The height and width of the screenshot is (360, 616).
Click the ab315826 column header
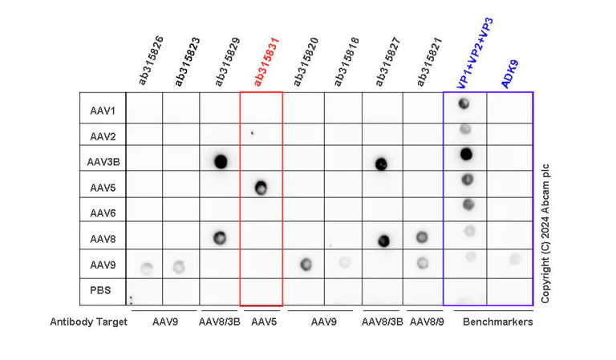point(152,61)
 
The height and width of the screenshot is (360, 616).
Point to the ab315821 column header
point(428,62)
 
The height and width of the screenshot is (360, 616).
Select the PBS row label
point(101,290)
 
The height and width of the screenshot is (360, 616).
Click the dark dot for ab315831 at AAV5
point(261,188)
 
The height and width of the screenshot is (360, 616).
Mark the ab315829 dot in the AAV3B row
point(221,161)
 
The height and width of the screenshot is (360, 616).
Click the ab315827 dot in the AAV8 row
point(383,240)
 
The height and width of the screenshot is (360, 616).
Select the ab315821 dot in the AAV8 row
point(422,237)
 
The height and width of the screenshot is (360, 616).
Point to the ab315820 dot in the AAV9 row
point(305,264)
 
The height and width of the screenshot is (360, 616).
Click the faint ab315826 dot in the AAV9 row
point(146,267)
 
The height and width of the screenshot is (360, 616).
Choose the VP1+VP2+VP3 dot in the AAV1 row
point(464,103)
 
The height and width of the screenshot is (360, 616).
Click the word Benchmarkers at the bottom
point(497,322)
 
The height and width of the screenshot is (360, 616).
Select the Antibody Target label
point(89,322)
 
